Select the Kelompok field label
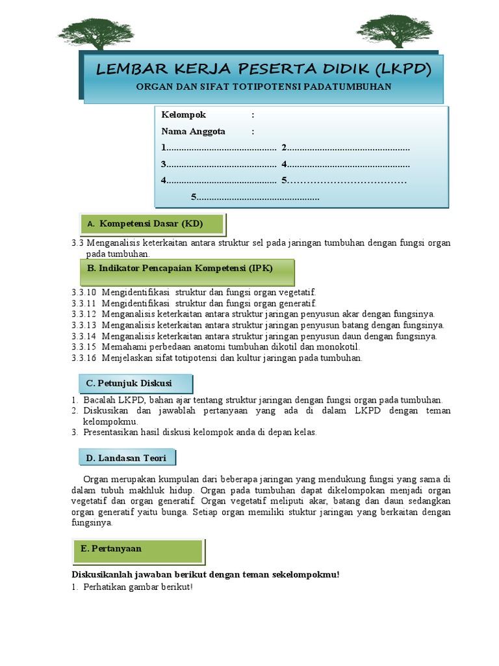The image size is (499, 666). pos(184,115)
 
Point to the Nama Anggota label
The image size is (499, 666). pos(194,131)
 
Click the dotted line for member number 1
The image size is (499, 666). pos(221,148)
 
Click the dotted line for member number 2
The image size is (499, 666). pos(348,148)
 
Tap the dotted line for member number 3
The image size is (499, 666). pos(221,165)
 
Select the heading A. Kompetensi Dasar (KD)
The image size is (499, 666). pos(151,224)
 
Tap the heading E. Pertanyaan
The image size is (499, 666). pos(111,549)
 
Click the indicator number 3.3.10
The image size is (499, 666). pos(84,293)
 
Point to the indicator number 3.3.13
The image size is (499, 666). pos(84,325)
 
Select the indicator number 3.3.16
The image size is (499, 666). pos(84,358)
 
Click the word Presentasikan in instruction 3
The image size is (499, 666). pos(111,433)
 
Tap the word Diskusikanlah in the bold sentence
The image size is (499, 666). pos(98,574)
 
